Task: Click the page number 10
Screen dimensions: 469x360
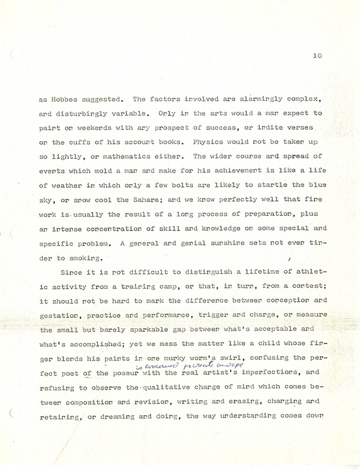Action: [x=317, y=56]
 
